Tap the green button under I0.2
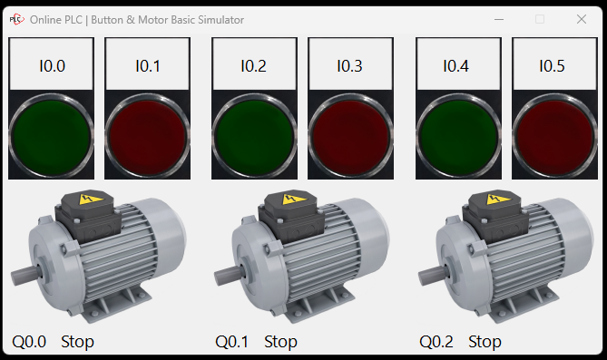tap(254, 135)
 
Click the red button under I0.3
tap(350, 135)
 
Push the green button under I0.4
tap(458, 135)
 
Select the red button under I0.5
tap(554, 135)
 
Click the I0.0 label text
tap(53, 66)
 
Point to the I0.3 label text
tap(349, 66)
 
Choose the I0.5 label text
tap(552, 66)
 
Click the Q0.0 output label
tap(29, 342)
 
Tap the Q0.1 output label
tap(232, 342)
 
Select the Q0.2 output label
tap(436, 342)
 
